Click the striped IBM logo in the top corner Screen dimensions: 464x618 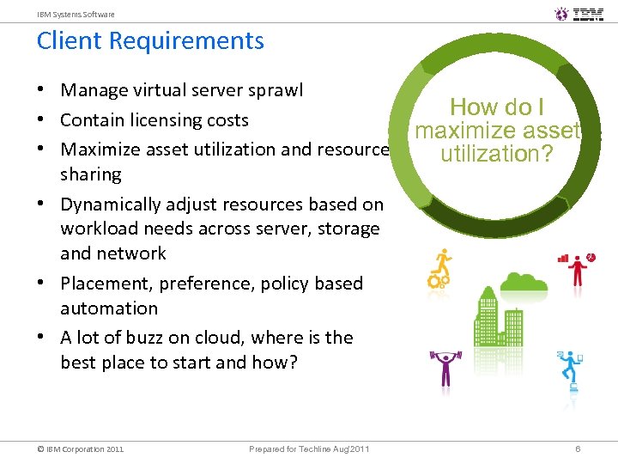pyautogui.click(x=588, y=14)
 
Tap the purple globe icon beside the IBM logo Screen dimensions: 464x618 pyautogui.click(x=561, y=14)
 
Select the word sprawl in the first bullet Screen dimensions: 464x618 pyautogui.click(x=276, y=91)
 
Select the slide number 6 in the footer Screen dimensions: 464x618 pyautogui.click(x=579, y=449)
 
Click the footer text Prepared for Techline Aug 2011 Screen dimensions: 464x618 pyautogui.click(x=309, y=449)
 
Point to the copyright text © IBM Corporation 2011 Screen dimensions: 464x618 pyautogui.click(x=80, y=449)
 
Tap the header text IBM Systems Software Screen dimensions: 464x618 pyautogui.click(x=76, y=15)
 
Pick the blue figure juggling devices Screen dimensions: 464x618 pyautogui.click(x=570, y=369)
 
